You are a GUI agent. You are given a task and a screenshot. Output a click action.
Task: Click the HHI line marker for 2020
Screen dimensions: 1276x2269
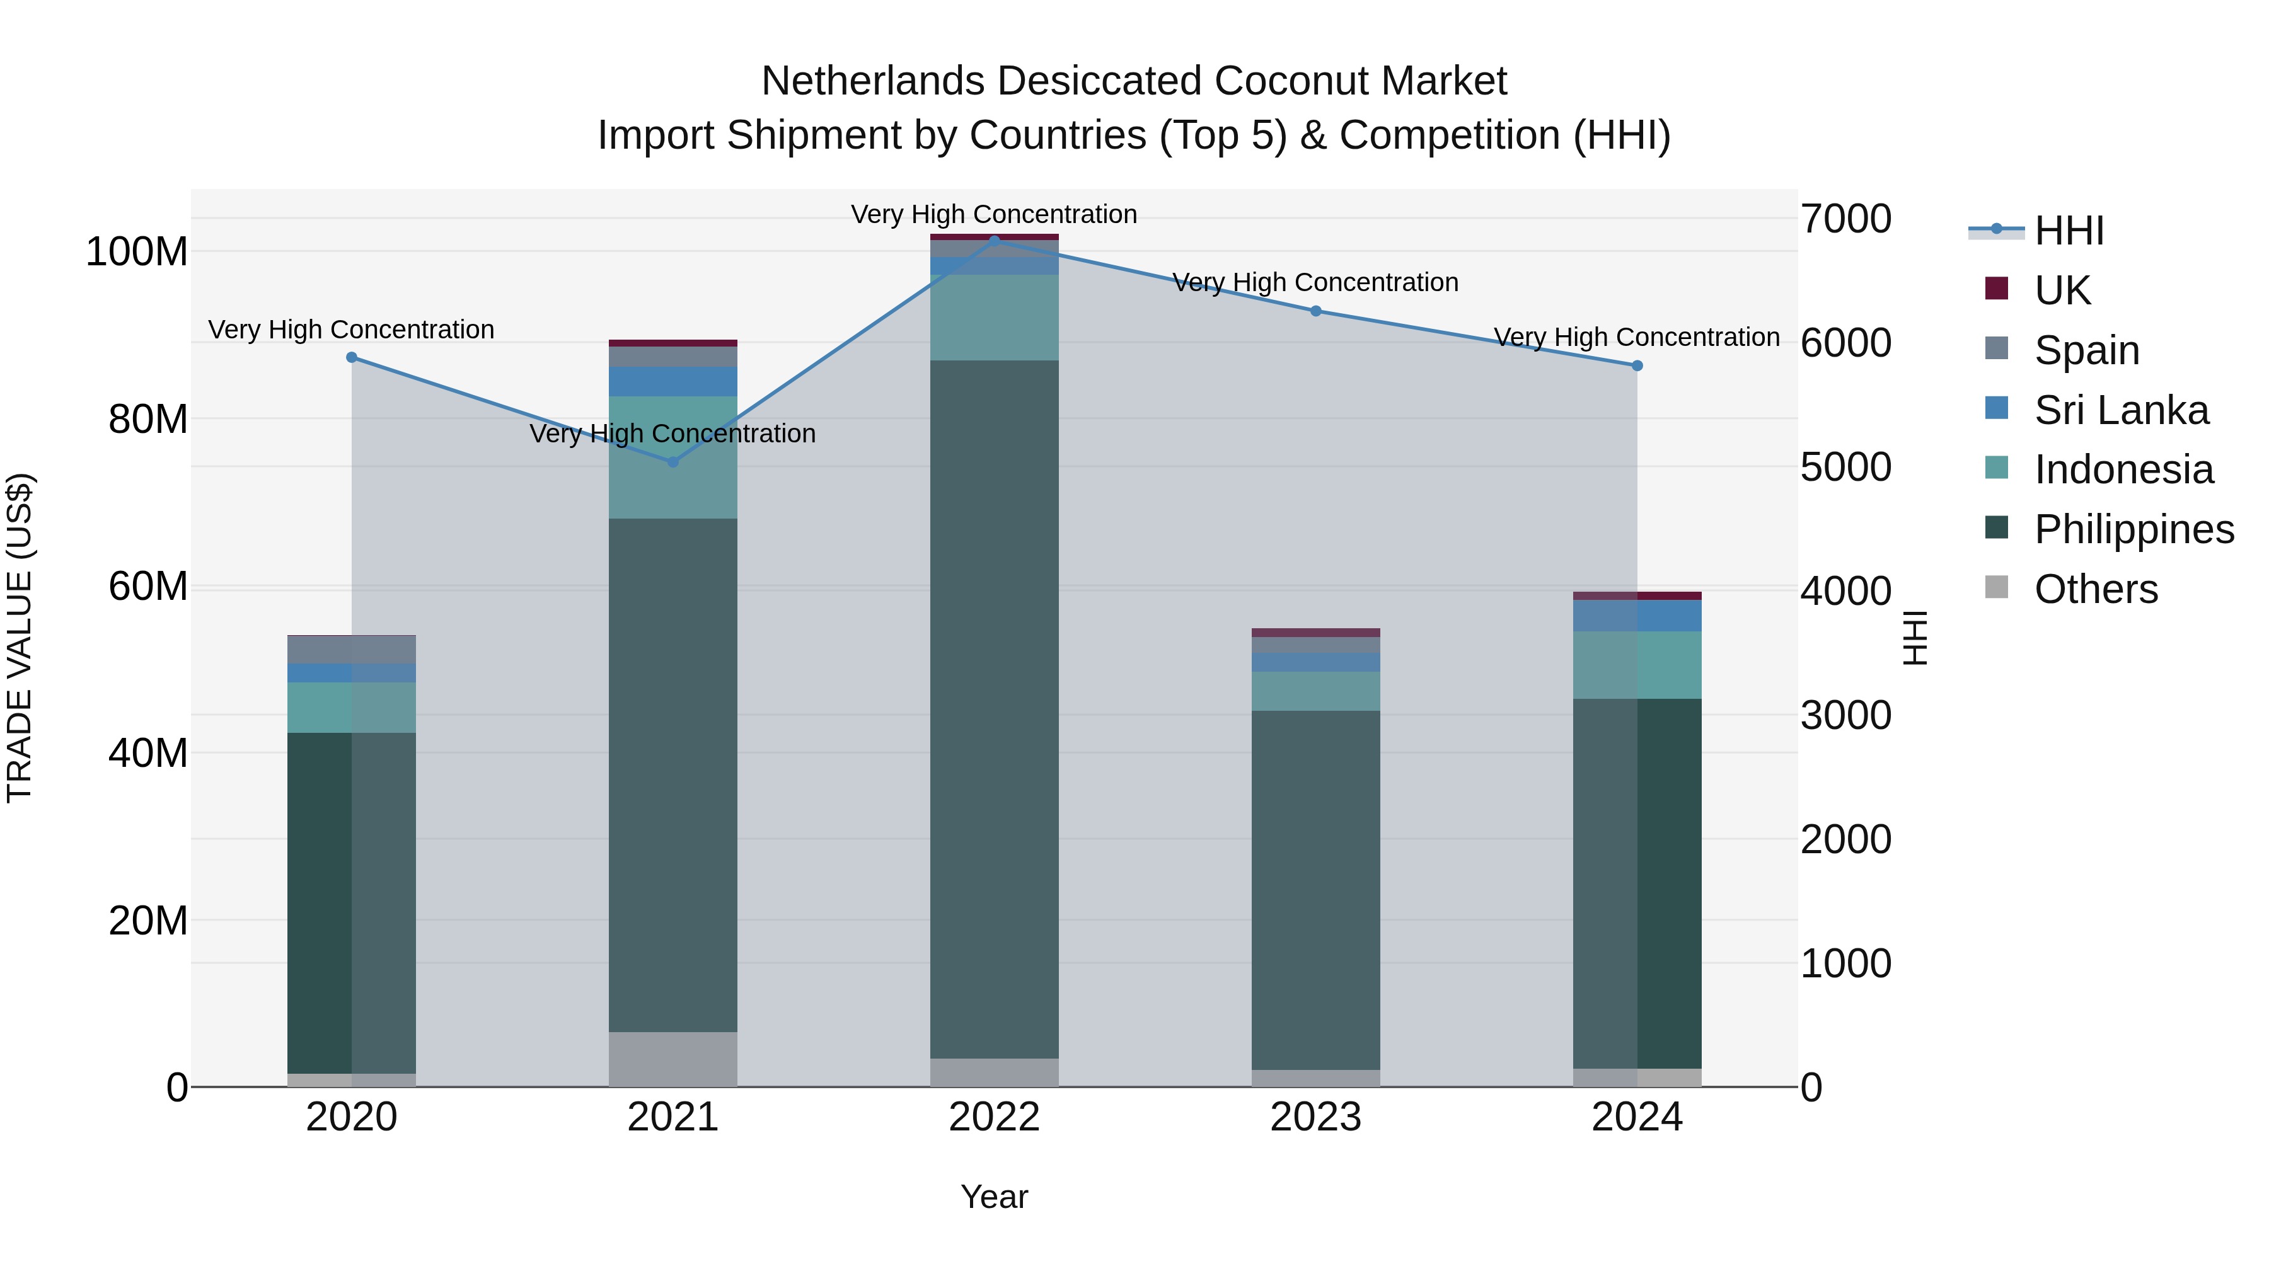352,357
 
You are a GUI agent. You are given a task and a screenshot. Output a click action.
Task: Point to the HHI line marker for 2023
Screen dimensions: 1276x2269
1316,311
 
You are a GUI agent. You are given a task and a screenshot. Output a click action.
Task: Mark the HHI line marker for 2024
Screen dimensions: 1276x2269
1637,365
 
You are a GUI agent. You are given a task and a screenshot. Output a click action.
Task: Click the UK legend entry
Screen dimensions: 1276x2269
2062,290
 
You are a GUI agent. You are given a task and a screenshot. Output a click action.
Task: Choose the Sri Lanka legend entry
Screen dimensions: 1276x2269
2121,410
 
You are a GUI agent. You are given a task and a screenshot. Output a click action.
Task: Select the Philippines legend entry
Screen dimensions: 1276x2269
2133,529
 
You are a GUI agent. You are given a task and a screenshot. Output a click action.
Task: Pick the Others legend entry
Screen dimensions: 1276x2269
2096,589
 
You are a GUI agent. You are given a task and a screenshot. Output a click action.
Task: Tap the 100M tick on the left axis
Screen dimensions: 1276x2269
137,252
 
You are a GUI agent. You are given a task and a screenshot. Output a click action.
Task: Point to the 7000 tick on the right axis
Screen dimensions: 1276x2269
1845,219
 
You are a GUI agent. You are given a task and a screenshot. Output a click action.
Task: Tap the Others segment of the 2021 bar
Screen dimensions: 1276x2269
673,1059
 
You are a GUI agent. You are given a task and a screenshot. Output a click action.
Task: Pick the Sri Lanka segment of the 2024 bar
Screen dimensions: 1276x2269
1637,616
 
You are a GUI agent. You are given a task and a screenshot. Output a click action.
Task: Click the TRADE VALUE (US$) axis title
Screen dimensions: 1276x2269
20,638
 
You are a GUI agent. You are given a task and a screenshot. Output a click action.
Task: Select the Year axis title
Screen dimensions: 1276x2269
995,1197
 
